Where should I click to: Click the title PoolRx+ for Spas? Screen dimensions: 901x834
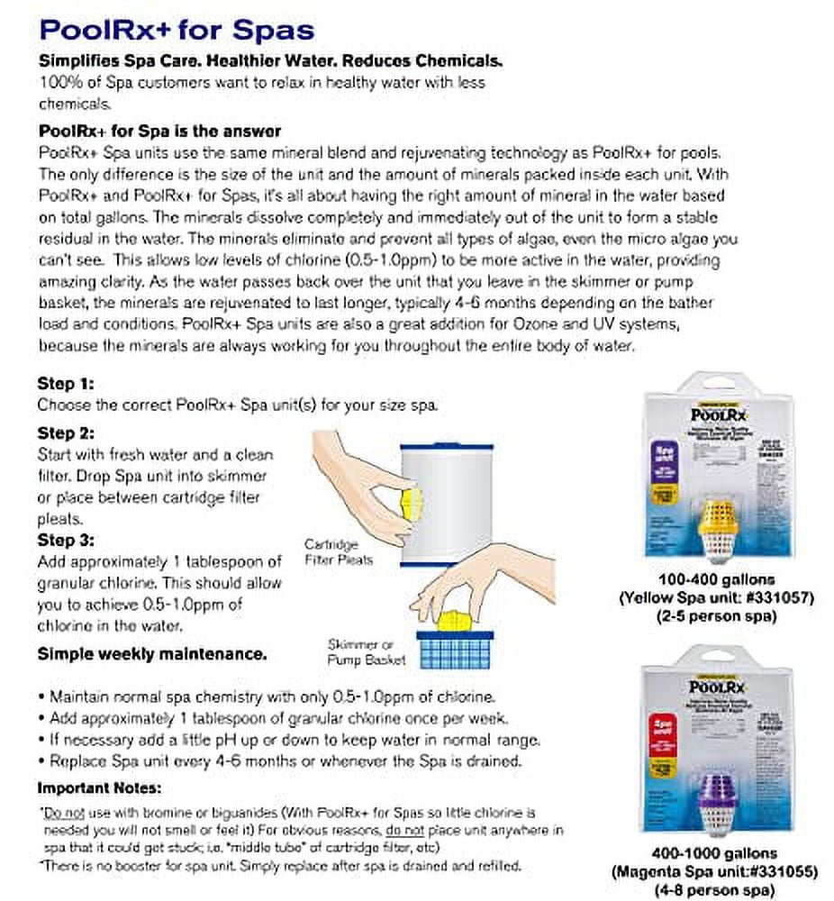(177, 30)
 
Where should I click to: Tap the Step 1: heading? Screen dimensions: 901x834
(66, 384)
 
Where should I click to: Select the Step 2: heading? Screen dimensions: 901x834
(66, 433)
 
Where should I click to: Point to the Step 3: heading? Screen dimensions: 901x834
(66, 541)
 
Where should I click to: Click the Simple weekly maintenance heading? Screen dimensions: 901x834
(151, 653)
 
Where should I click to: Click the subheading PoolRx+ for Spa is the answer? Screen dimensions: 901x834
(159, 131)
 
